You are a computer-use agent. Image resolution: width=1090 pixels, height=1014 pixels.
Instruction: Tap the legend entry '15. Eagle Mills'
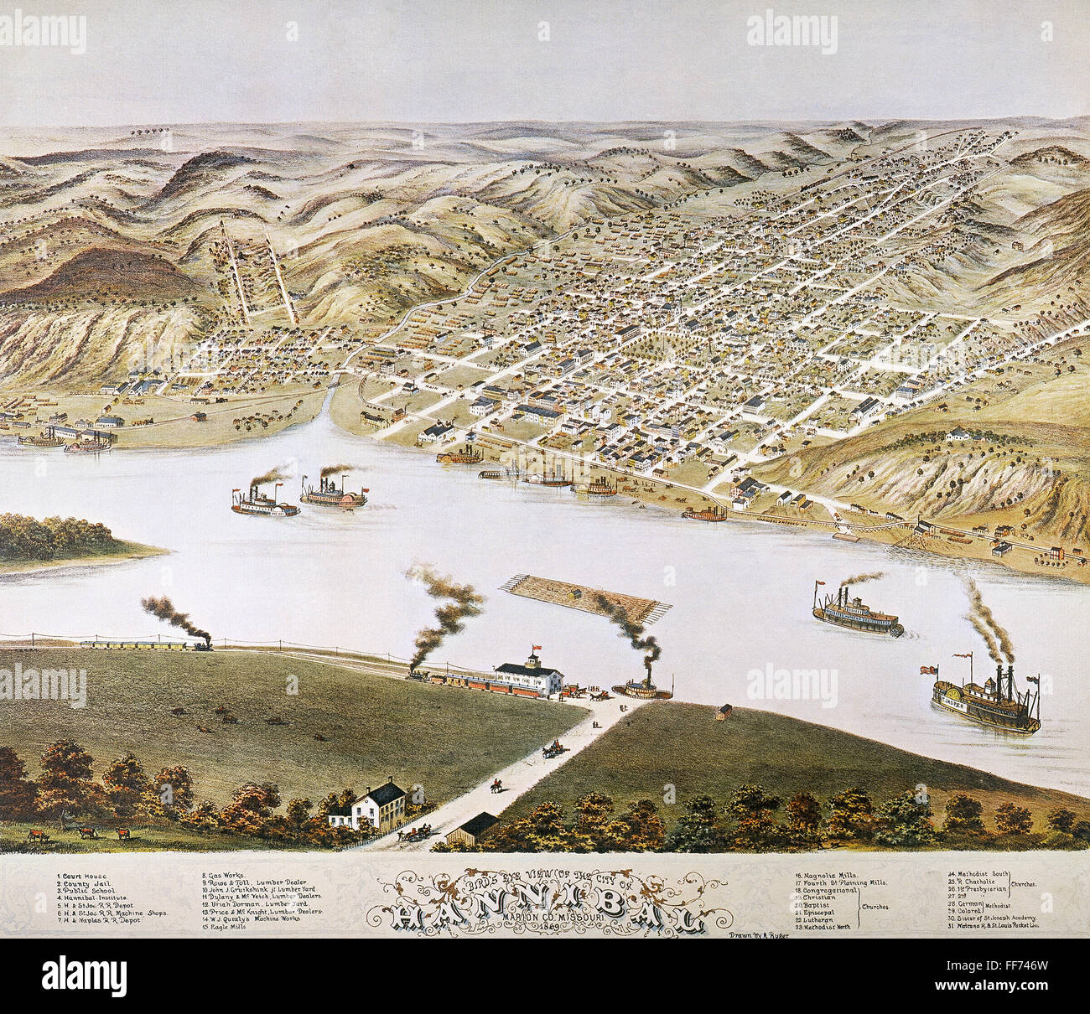pos(223,928)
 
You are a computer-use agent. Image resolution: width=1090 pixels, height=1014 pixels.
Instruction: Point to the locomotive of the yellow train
pos(201,645)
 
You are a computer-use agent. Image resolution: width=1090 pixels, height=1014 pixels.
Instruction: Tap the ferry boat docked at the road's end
pos(642,689)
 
